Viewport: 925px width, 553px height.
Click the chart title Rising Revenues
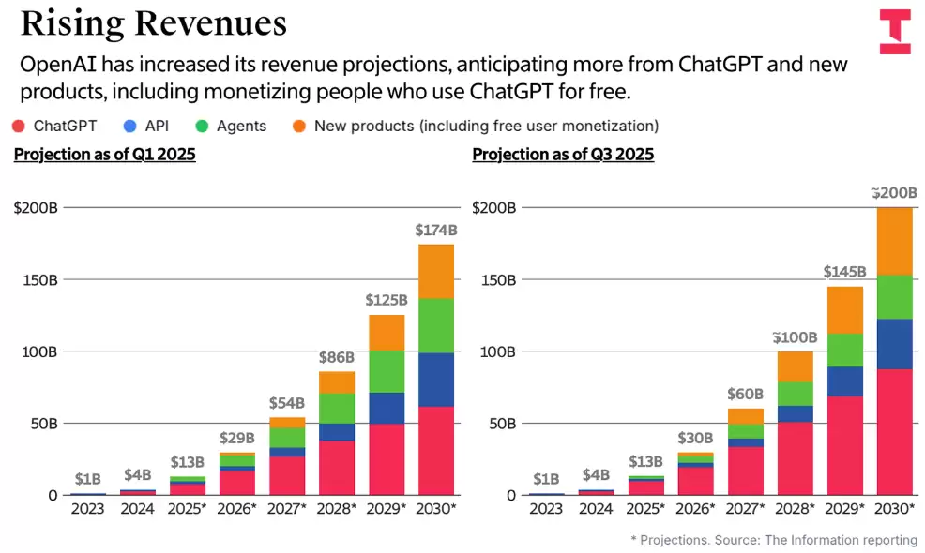point(153,24)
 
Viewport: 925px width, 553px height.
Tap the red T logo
point(894,31)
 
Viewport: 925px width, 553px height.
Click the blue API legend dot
point(129,126)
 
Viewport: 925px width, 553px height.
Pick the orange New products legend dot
point(298,126)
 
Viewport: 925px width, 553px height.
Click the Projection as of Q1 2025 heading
point(104,155)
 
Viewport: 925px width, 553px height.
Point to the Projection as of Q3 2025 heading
point(563,155)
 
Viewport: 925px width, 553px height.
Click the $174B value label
point(435,230)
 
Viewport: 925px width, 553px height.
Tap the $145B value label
point(844,272)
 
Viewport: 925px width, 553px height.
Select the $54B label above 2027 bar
point(286,403)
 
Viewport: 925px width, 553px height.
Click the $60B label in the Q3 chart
point(745,394)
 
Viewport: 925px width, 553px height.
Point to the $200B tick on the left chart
point(36,208)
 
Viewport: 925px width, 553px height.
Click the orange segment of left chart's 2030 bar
point(435,271)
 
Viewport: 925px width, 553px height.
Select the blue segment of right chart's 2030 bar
point(894,344)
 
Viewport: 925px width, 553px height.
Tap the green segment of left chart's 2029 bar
point(386,371)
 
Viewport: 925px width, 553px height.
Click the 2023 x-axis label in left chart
point(87,509)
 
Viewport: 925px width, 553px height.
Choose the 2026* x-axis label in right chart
point(695,509)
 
